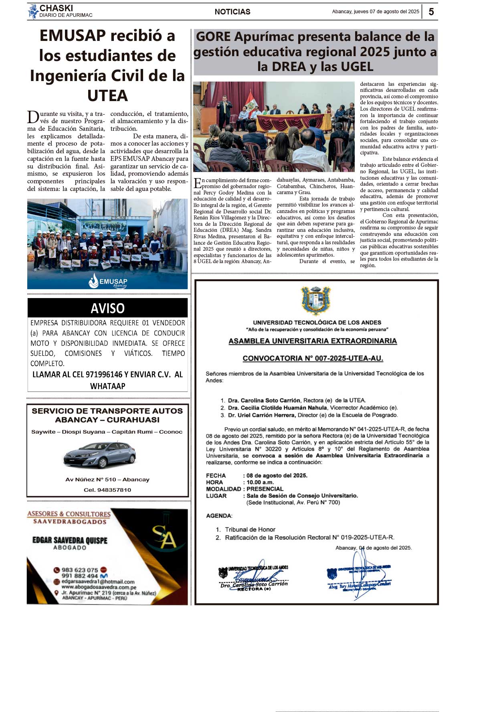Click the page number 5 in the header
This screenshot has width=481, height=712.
[x=431, y=12]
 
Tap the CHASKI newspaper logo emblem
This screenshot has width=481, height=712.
[x=33, y=11]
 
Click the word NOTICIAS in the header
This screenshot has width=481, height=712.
[x=232, y=12]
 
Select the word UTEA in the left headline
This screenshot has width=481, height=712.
[x=107, y=96]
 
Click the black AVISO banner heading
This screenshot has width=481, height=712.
[x=107, y=308]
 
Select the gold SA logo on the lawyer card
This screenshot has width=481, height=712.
[x=164, y=537]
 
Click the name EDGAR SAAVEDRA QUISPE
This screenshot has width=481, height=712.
[x=70, y=540]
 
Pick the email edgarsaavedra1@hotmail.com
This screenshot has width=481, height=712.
[x=98, y=582]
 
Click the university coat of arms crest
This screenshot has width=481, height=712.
[x=316, y=300]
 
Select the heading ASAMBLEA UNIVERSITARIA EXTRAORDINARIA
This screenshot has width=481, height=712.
[x=313, y=341]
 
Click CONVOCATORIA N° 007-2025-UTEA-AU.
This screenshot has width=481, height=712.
[x=313, y=358]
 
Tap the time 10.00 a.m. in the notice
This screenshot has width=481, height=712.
[x=260, y=482]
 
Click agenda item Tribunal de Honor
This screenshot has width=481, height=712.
[x=250, y=529]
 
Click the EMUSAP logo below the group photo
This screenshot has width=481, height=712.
[x=107, y=281]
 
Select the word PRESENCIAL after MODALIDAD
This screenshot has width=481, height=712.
[x=265, y=489]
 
